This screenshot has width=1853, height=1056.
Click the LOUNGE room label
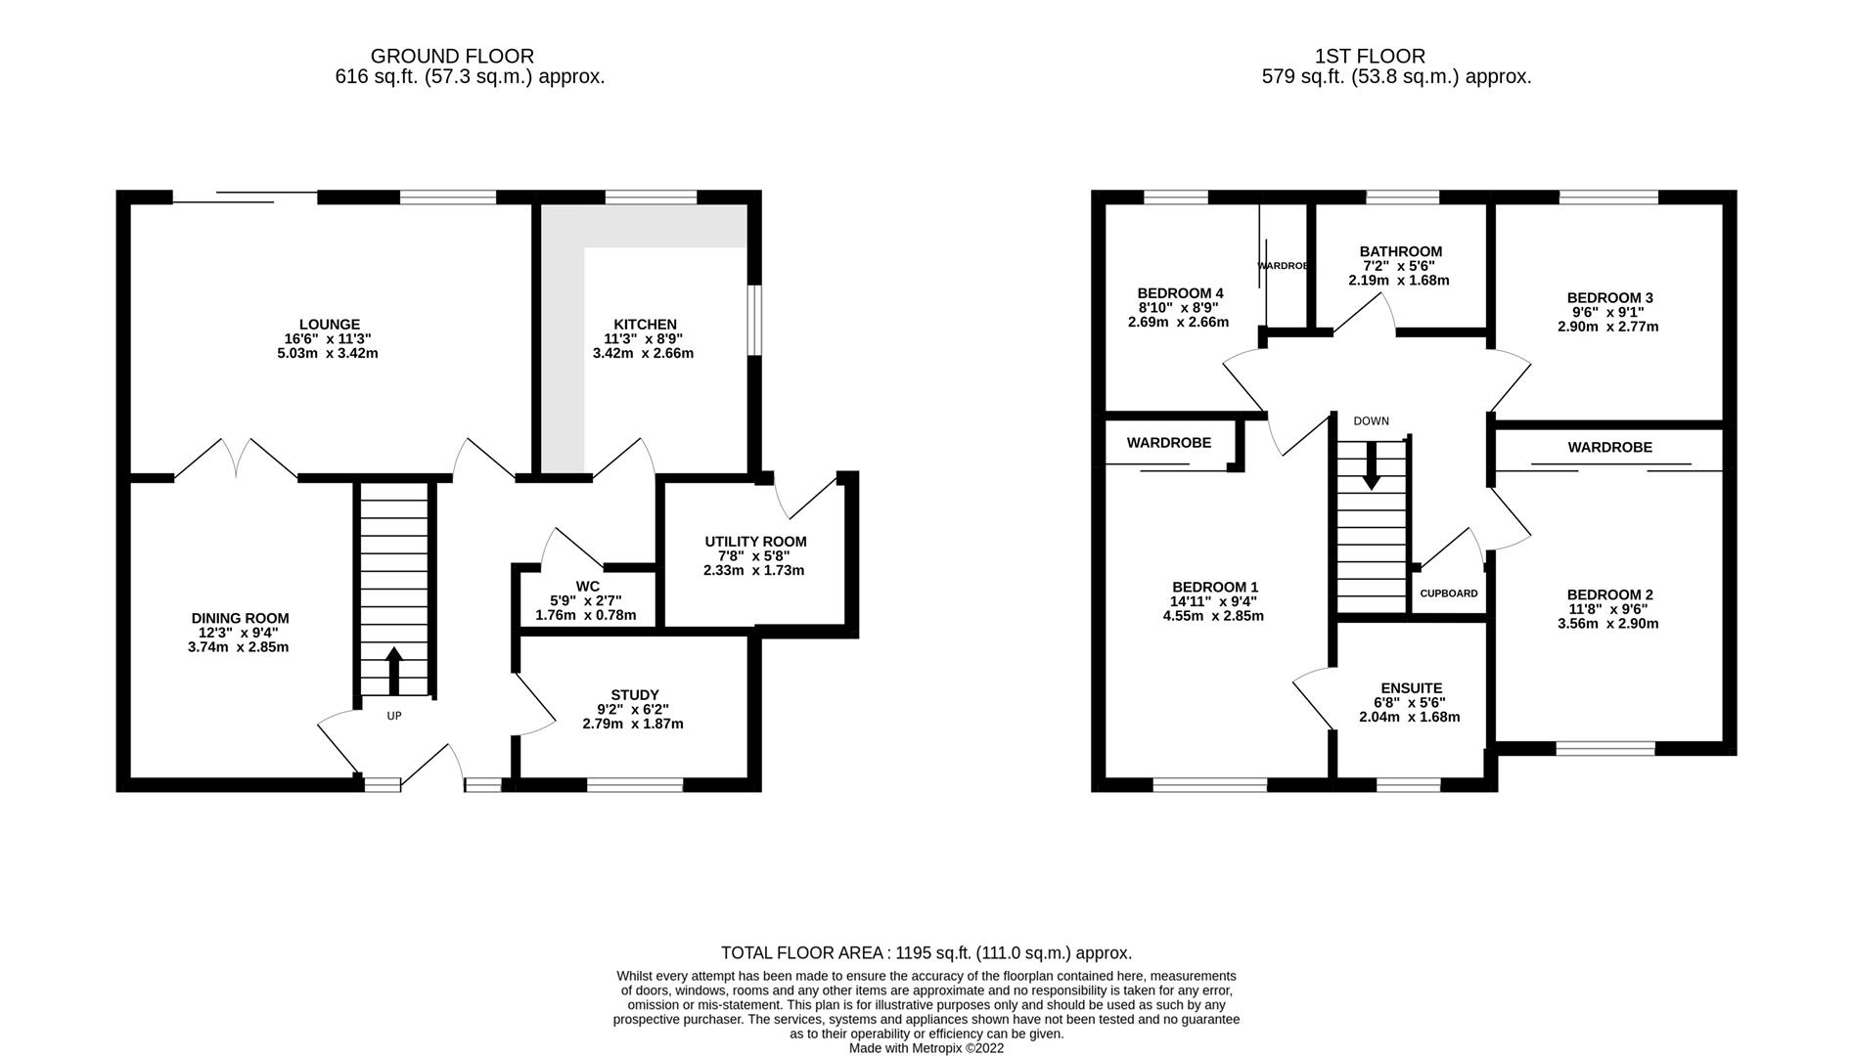pos(330,325)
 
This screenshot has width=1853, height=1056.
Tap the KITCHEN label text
pos(645,325)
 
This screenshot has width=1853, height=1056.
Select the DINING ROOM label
pos(240,618)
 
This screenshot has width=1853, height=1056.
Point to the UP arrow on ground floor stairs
pos(394,671)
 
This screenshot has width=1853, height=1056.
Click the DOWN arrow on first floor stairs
pos(1372,465)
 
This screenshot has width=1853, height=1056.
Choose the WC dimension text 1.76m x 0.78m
pos(586,615)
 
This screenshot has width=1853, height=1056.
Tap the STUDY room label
pos(635,695)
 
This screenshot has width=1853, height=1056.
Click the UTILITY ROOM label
pos(756,542)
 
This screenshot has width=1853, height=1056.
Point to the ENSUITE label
pos(1411,688)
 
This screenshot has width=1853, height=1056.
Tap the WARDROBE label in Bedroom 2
pos(1609,447)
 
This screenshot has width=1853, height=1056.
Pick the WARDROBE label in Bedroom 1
pos(1168,443)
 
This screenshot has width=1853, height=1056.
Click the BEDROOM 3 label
pos(1609,298)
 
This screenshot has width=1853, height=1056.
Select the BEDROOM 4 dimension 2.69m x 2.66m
pos(1178,322)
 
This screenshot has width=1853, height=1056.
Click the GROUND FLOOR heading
pos(452,57)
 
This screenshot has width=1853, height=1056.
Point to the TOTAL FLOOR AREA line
pos(926,952)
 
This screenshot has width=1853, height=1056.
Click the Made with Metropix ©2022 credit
pos(926,1048)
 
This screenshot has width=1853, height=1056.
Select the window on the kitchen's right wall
pos(754,320)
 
